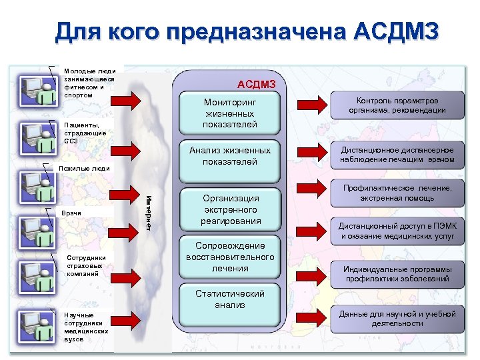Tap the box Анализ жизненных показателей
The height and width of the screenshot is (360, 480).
click(x=230, y=156)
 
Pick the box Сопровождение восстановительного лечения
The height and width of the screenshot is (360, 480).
click(x=230, y=257)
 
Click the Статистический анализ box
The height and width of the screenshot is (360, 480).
click(x=230, y=299)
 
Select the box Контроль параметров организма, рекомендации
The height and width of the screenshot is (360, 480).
click(x=397, y=105)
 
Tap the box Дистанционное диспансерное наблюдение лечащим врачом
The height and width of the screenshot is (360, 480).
click(x=397, y=155)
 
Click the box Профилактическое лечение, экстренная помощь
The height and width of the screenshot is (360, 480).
click(x=397, y=193)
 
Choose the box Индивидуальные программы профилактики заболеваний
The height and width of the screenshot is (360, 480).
click(x=397, y=273)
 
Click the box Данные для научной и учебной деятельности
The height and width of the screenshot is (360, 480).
click(x=397, y=318)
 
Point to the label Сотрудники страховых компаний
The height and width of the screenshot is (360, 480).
click(x=83, y=265)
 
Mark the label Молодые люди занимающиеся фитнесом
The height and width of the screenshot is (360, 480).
click(x=89, y=83)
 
